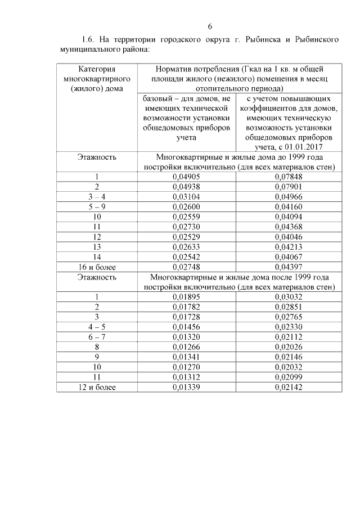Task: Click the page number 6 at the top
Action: click(210, 26)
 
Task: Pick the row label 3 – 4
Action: click(97, 197)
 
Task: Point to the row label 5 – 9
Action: click(97, 206)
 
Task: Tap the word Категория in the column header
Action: click(97, 69)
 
